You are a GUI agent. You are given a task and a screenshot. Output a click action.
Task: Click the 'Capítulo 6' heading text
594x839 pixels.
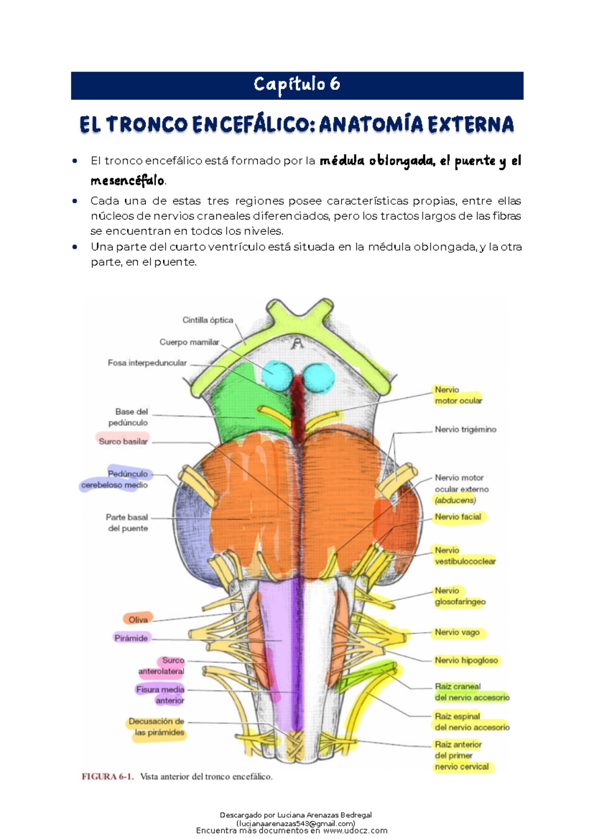[x=297, y=85]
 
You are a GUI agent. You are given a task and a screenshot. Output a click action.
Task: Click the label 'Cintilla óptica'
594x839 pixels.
[x=207, y=320]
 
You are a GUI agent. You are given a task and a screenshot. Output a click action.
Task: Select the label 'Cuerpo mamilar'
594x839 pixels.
[x=189, y=342]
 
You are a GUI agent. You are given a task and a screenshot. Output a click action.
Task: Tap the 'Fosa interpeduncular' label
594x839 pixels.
[x=147, y=363]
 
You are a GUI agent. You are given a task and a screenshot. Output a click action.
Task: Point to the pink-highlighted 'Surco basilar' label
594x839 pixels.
[x=123, y=441]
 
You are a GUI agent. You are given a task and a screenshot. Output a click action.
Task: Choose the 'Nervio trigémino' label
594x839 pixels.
[x=465, y=429]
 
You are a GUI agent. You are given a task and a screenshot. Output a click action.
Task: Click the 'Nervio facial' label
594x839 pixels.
[x=458, y=517]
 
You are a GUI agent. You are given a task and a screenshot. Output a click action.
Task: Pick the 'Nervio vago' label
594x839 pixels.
[x=457, y=632]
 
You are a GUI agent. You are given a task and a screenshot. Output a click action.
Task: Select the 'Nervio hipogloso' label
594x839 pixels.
[x=466, y=660]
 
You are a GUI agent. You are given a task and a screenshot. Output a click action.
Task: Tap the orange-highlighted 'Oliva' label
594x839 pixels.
[x=138, y=619]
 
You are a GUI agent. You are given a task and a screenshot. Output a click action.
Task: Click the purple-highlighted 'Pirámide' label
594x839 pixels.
[x=131, y=638]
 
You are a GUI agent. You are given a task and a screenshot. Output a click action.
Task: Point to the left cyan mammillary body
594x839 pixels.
[x=277, y=374]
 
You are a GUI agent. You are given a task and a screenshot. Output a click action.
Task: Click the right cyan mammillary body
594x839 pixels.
[x=318, y=377]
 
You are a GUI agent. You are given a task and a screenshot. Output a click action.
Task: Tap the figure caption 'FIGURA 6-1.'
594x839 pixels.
[x=107, y=777]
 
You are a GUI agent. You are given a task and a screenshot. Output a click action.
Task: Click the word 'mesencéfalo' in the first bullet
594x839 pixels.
[x=127, y=181]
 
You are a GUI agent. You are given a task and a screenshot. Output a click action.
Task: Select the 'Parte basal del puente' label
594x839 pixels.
[x=127, y=523]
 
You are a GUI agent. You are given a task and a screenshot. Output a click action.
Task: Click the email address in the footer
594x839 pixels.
[x=296, y=824]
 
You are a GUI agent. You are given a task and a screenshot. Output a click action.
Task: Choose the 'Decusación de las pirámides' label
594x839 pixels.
[x=157, y=727]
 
